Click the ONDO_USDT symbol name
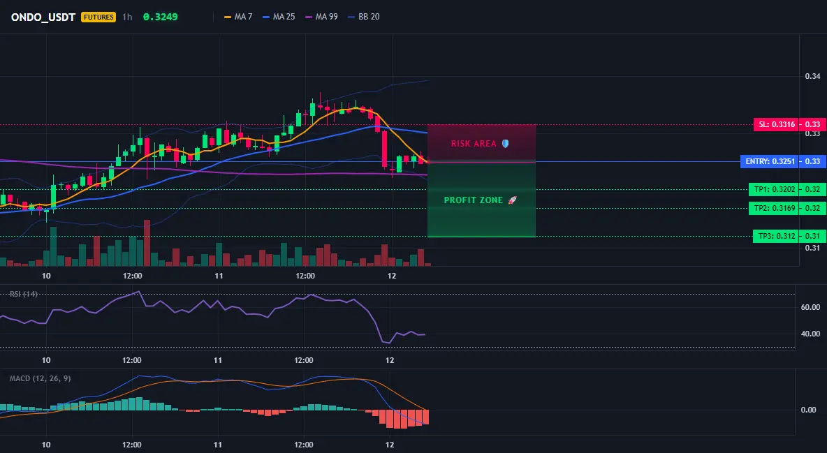pos(43,17)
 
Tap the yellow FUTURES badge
pos(98,17)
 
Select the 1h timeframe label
pos(127,17)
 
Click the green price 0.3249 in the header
pos(161,17)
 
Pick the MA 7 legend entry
pos(238,17)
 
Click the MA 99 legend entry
pos(322,17)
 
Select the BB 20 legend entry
pos(364,17)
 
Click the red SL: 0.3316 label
pos(777,124)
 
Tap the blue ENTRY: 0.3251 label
pos(770,161)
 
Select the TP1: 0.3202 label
pos(774,189)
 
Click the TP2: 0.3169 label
pos(774,208)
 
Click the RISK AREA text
pos(474,144)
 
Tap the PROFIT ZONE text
pos(474,200)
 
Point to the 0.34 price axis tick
pos(813,77)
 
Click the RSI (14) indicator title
pos(24,294)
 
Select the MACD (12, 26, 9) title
pos(40,378)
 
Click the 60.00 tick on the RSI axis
pos(811,307)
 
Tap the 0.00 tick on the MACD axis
pos(809,410)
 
